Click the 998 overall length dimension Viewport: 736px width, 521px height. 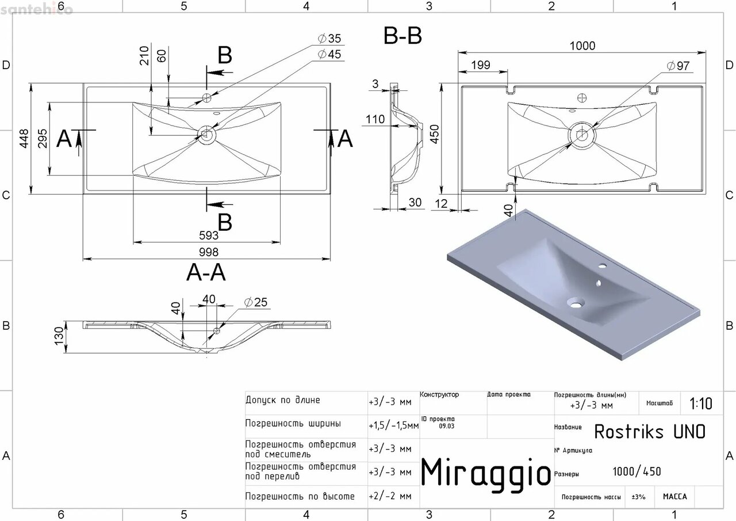click(209, 252)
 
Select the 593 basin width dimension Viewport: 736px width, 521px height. click(209, 235)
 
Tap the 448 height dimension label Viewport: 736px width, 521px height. click(24, 138)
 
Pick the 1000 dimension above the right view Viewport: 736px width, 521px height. click(582, 46)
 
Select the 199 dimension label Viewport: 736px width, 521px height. click(480, 65)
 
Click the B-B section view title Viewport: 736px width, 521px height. click(402, 36)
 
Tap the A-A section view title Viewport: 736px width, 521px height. click(206, 273)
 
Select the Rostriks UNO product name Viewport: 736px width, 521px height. click(649, 431)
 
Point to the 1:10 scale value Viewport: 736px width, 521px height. click(700, 404)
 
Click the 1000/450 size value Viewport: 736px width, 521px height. click(637, 472)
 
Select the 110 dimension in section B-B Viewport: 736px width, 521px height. click(375, 120)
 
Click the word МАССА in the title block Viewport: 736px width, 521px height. click(674, 496)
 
